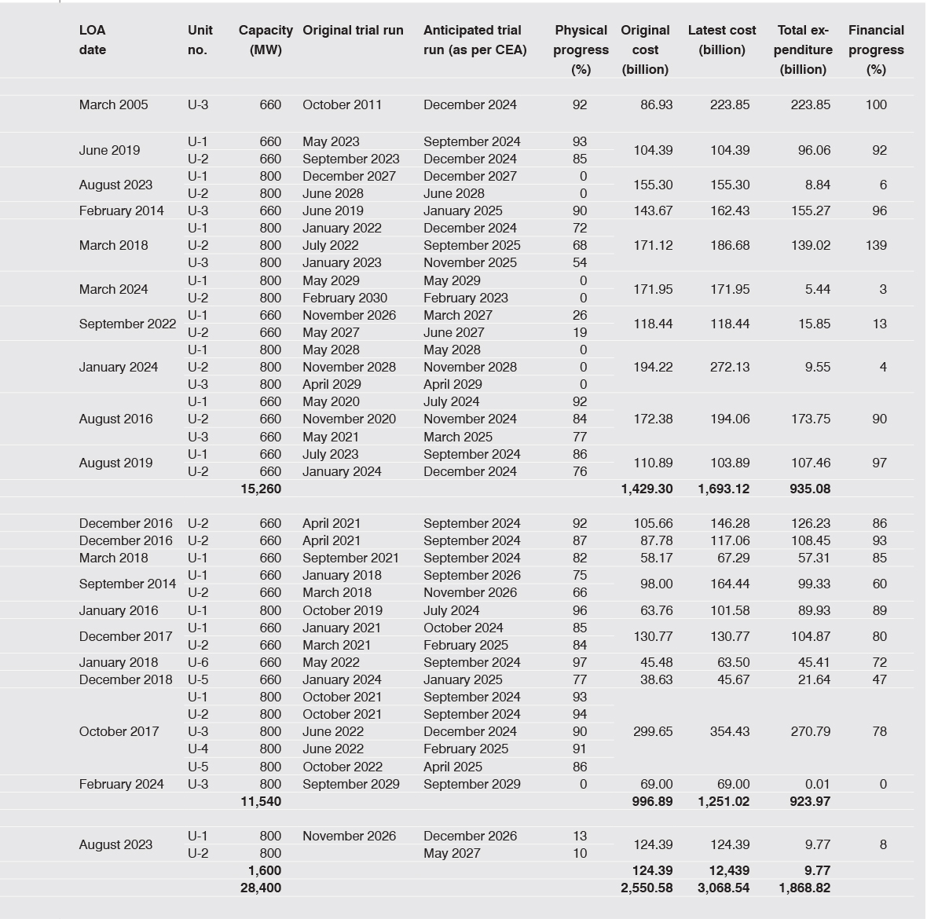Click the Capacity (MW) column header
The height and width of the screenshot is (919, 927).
(x=266, y=40)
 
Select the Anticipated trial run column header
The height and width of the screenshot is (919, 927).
(x=474, y=40)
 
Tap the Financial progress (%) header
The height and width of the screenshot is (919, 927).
(x=876, y=49)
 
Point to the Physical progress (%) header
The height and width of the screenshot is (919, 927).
(x=581, y=49)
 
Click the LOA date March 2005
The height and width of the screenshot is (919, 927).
(x=113, y=104)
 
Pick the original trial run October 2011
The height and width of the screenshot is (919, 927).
(x=342, y=104)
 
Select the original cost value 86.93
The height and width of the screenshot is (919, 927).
(x=656, y=104)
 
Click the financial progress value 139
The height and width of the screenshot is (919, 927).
(x=876, y=245)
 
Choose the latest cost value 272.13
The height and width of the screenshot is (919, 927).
(x=729, y=367)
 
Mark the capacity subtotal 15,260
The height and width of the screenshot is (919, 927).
(x=261, y=489)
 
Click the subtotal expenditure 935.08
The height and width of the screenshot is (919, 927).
(x=809, y=489)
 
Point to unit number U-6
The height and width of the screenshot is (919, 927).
(x=198, y=662)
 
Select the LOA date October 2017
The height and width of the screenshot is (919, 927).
(x=119, y=731)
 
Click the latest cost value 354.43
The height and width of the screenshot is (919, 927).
(x=729, y=731)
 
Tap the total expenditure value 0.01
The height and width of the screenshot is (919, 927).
(x=816, y=784)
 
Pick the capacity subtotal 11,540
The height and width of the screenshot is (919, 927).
(x=261, y=801)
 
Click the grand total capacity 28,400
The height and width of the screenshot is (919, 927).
(x=261, y=888)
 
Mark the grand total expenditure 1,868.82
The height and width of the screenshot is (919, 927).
(x=804, y=888)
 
